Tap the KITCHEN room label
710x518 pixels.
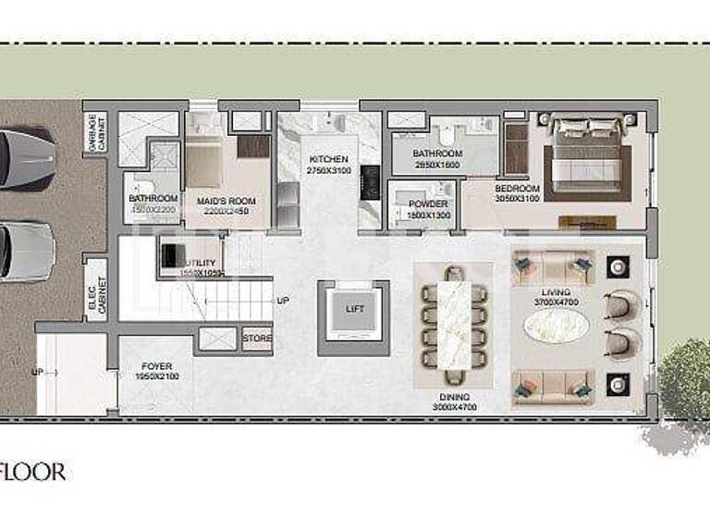[329, 159]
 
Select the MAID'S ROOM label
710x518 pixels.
[226, 200]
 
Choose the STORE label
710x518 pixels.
[258, 339]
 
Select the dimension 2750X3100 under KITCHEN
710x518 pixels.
[329, 172]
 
